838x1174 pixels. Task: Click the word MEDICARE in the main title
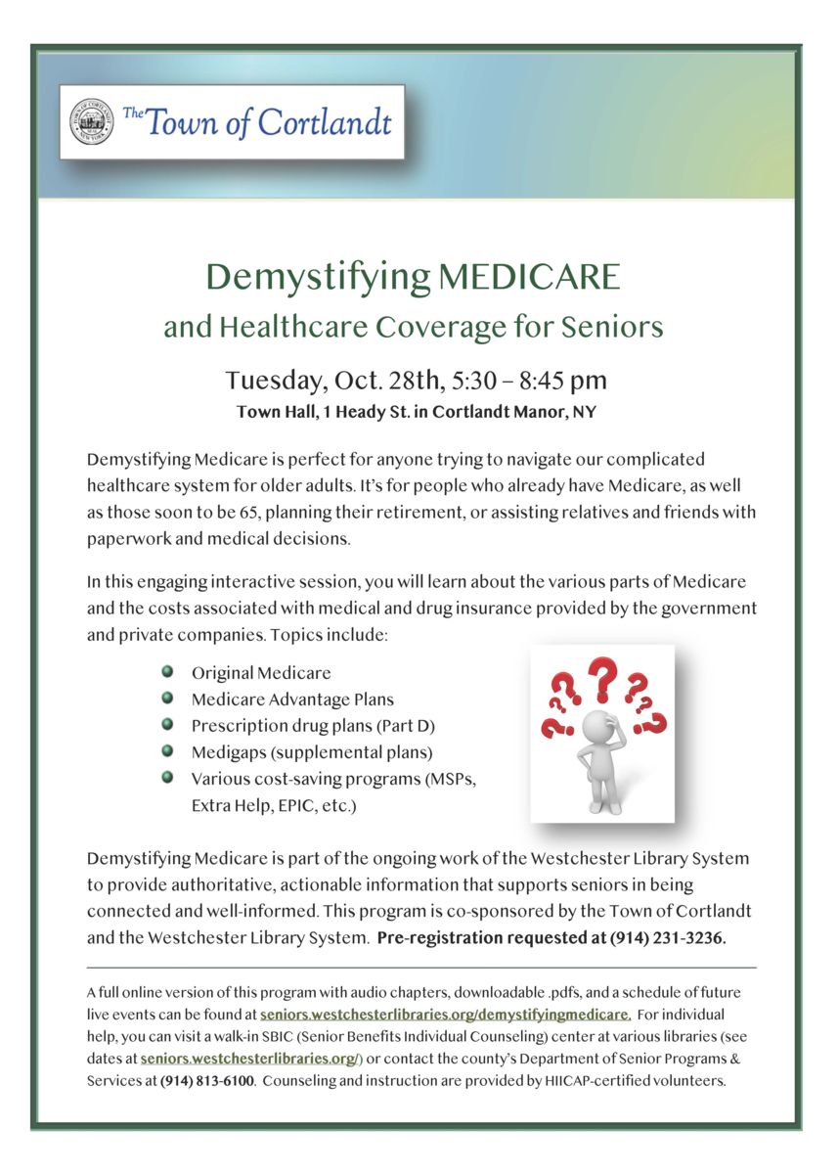pyautogui.click(x=529, y=277)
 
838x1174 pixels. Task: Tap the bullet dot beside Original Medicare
pyautogui.click(x=168, y=672)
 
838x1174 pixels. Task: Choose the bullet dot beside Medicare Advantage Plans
pyautogui.click(x=168, y=699)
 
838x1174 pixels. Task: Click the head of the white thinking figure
pyautogui.click(x=595, y=727)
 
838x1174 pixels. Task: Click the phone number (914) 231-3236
pyautogui.click(x=667, y=937)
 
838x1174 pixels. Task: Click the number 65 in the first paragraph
pyautogui.click(x=246, y=512)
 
